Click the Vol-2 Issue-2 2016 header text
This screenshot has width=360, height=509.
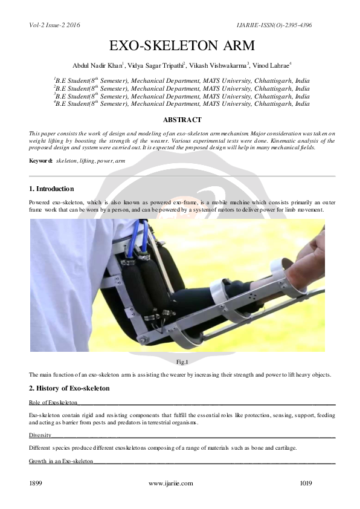click(x=54, y=25)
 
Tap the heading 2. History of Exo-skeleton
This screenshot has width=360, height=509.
click(x=69, y=387)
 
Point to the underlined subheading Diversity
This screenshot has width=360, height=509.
click(x=40, y=435)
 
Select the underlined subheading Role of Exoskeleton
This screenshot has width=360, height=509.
click(x=53, y=402)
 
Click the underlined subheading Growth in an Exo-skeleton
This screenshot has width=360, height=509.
click(x=61, y=461)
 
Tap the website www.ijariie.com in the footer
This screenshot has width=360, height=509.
click(x=170, y=484)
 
